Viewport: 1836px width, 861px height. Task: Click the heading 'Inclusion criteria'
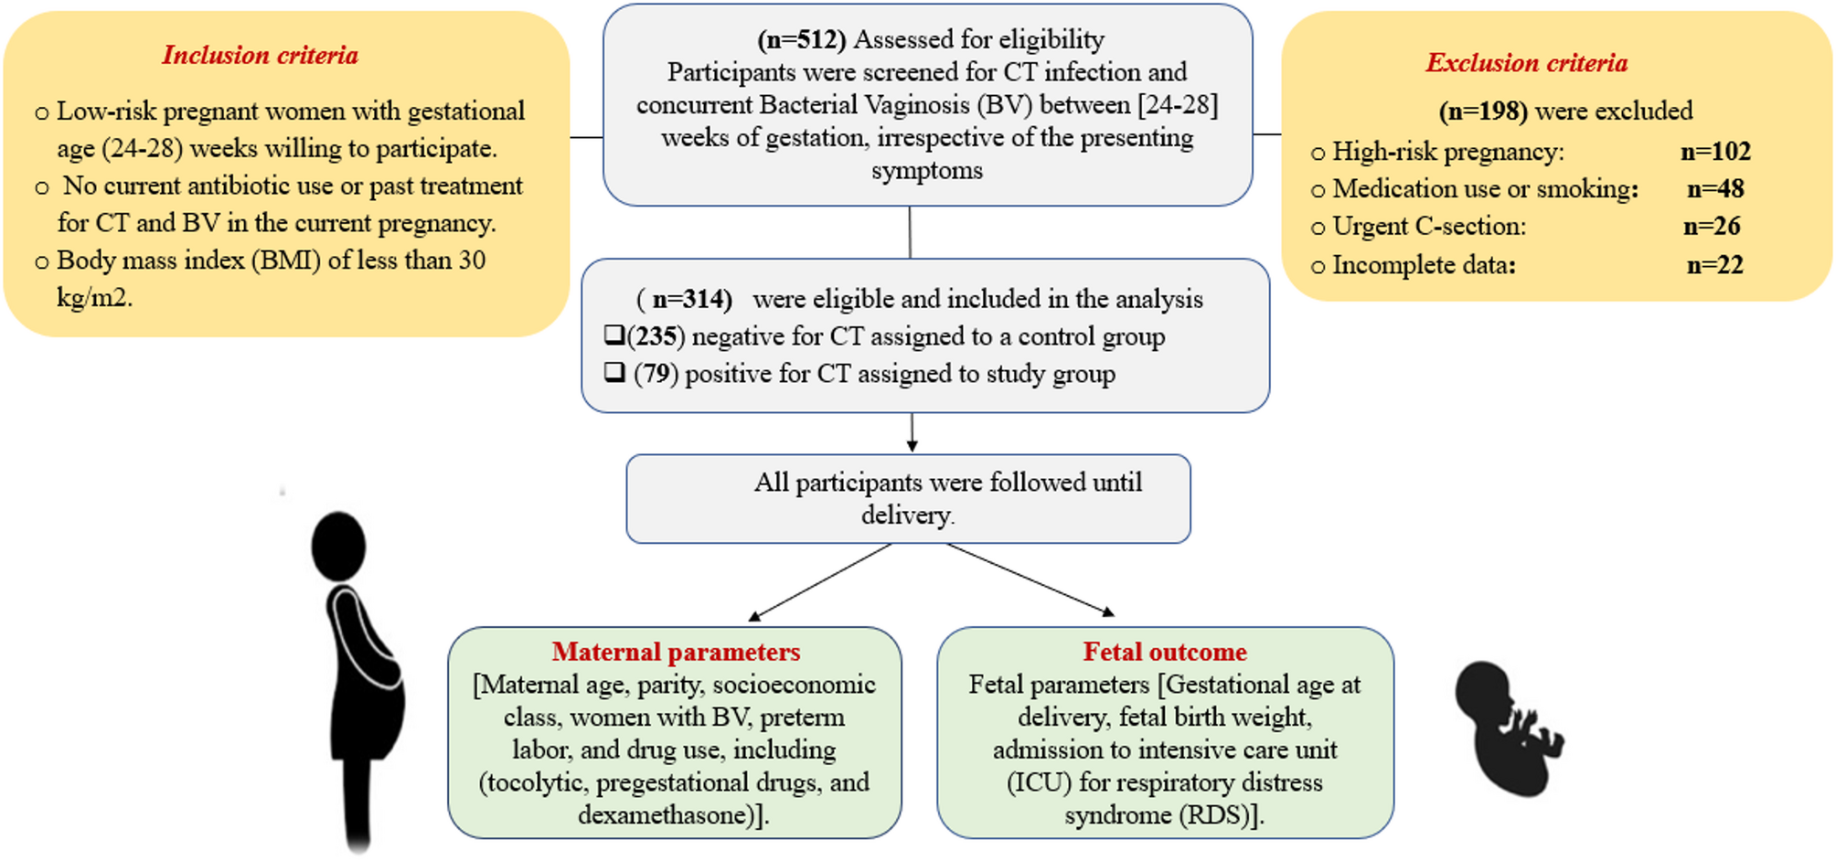click(x=261, y=55)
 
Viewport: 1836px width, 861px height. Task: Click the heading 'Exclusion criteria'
click(x=1527, y=62)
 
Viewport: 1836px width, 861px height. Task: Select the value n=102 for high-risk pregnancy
click(x=1715, y=151)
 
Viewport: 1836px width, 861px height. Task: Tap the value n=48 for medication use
click(x=1715, y=188)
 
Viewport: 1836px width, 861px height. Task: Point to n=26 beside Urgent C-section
click(x=1712, y=226)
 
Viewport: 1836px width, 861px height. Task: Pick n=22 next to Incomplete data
click(x=1715, y=264)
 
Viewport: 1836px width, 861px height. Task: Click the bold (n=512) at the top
click(x=802, y=39)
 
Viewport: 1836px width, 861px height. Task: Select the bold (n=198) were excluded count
click(x=1483, y=111)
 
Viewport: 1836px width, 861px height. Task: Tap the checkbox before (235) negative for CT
click(x=614, y=335)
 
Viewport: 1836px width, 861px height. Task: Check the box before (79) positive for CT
click(x=614, y=372)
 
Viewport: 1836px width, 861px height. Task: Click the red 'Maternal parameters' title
click(x=676, y=652)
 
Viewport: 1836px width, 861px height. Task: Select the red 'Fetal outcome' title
click(x=1165, y=652)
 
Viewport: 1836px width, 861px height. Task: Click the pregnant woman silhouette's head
click(x=338, y=547)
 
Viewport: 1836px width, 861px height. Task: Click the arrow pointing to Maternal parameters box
click(x=819, y=582)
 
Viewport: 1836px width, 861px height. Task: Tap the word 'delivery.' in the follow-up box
click(x=907, y=516)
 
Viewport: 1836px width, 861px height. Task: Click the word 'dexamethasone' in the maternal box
click(x=665, y=814)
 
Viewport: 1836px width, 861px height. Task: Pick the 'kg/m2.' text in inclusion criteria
click(x=94, y=298)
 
